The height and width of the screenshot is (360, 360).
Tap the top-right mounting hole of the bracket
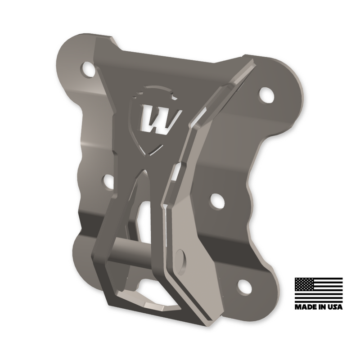266,94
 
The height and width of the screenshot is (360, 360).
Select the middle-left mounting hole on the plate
108,181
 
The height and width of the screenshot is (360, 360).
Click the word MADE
306,307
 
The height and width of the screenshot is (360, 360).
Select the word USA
334,307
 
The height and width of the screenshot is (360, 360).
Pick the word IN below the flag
321,307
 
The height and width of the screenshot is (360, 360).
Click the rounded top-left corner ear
72,56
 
